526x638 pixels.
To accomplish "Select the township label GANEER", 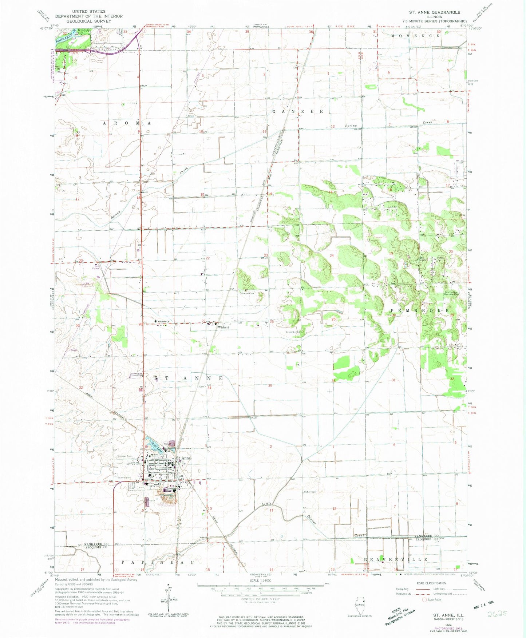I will click(297, 111).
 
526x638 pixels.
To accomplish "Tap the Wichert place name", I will click(223, 327).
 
